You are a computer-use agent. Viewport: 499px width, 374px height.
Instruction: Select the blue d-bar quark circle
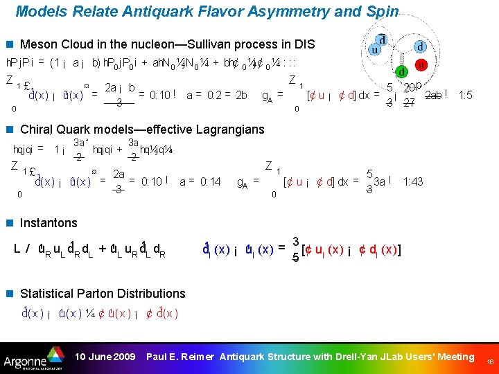383,39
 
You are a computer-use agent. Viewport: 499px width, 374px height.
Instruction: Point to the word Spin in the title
383,12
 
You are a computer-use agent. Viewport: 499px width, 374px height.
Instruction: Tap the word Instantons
49,223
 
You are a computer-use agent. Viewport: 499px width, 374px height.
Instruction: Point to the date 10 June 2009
105,357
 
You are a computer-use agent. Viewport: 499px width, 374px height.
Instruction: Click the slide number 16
490,362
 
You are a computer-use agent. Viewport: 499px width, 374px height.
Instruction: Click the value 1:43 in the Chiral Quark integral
414,181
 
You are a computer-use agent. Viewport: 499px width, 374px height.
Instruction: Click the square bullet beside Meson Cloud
10,44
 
